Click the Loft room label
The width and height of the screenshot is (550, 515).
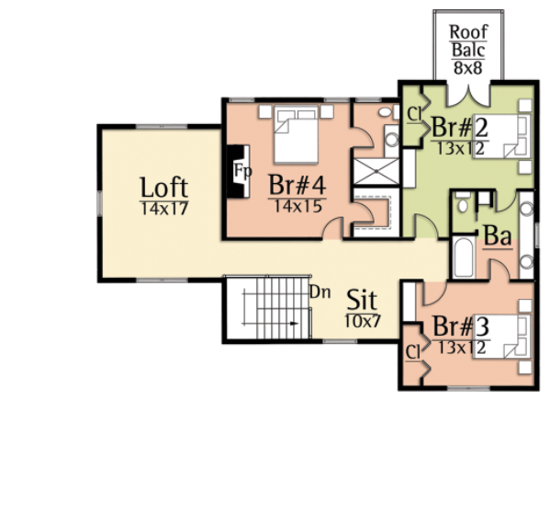164,188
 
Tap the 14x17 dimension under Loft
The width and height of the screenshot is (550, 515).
164,209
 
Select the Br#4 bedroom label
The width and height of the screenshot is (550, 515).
297,185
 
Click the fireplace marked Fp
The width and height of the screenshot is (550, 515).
238,171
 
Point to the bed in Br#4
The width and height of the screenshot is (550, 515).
296,134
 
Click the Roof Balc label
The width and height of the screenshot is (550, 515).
468,40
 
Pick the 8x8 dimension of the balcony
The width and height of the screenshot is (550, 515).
468,67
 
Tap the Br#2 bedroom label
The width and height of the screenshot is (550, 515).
460,128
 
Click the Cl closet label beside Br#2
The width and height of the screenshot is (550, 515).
414,114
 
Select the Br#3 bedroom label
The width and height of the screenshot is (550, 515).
461,326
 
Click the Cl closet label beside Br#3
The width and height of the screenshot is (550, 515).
413,352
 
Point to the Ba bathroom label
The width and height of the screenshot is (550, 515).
498,236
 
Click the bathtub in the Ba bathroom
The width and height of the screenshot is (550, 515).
464,257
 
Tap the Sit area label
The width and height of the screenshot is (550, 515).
362,300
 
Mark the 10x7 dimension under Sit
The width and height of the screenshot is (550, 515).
363,321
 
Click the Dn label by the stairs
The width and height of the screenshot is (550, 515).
320,292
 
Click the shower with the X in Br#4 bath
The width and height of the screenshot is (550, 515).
376,171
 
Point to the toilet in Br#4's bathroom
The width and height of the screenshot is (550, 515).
386,112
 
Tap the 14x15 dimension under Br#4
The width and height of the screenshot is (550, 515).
297,206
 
